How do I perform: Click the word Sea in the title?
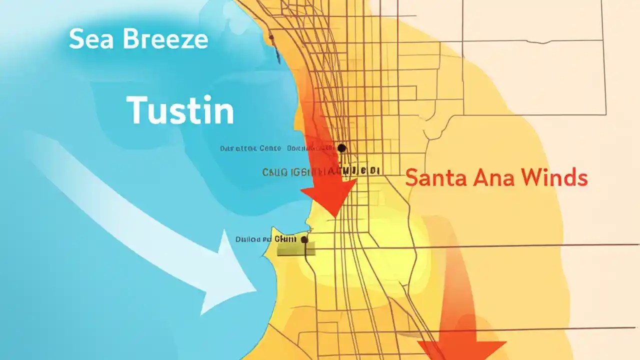[91, 39]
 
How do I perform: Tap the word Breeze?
[166, 39]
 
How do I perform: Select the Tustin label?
[180, 111]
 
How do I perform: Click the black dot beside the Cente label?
[341, 148]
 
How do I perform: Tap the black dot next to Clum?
[304, 240]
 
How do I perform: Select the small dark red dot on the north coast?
[271, 37]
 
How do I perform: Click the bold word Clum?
[285, 239]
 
